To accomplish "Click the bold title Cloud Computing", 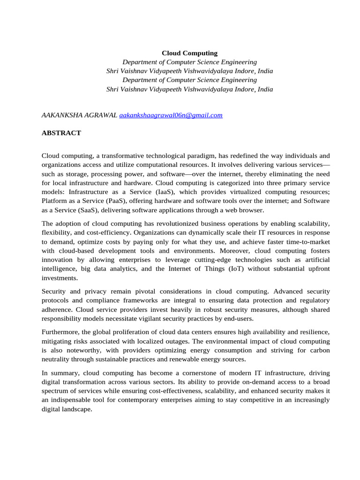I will click(x=189, y=53).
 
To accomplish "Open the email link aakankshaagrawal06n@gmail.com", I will click(x=171, y=115).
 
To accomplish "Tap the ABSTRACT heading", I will click(x=61, y=133).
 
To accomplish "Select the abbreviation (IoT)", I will click(x=240, y=269).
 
